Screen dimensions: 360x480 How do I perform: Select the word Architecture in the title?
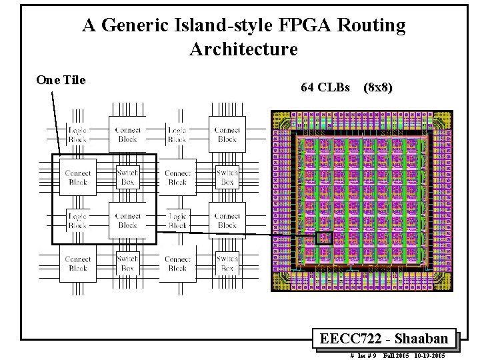243,49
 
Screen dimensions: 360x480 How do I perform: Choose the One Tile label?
61,80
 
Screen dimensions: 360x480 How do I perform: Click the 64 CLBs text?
325,87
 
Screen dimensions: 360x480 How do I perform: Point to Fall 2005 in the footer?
396,356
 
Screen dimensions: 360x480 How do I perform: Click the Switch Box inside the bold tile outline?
127,177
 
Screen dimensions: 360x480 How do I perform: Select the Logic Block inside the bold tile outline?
77,221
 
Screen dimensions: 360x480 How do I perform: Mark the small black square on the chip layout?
324,238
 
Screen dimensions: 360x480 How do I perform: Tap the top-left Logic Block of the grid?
77,135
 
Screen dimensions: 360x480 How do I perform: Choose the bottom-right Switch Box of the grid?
227,263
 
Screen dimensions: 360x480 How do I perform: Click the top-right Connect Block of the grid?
227,135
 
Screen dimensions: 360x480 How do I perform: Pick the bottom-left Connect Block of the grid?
77,263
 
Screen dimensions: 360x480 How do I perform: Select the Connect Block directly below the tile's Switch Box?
127,221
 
